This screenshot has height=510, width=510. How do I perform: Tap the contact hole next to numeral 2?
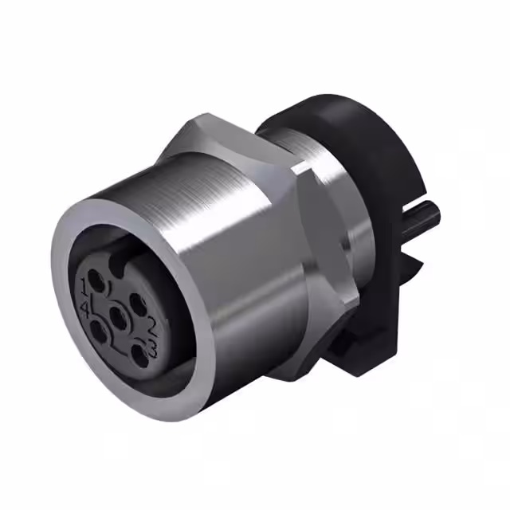(x=135, y=302)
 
